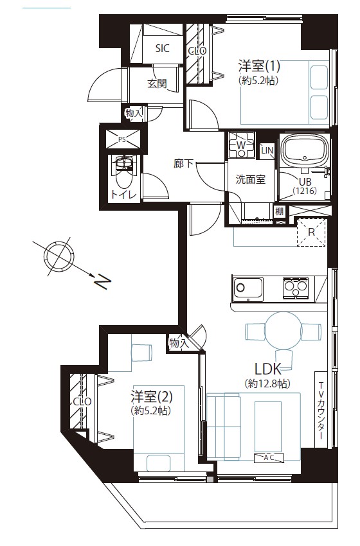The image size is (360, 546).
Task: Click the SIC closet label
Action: (162, 48)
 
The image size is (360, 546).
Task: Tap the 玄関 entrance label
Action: (157, 84)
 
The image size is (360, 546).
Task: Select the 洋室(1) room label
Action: (259, 66)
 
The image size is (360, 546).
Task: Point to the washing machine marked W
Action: (241, 145)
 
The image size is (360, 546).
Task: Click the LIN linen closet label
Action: (267, 151)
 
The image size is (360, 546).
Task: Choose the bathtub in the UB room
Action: (305, 150)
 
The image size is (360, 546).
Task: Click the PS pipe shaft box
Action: (122, 139)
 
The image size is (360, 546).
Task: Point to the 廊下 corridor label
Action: (183, 163)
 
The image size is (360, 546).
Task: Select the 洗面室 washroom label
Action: (251, 180)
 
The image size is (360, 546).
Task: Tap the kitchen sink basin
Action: (248, 287)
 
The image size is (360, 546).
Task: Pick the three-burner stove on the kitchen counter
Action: (296, 288)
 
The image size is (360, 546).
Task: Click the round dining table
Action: (283, 330)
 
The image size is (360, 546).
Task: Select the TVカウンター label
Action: (321, 410)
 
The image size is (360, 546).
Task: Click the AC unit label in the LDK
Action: (269, 457)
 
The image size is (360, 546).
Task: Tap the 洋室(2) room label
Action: (152, 396)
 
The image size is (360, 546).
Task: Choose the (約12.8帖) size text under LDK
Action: (267, 383)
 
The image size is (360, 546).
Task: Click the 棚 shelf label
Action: (280, 211)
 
